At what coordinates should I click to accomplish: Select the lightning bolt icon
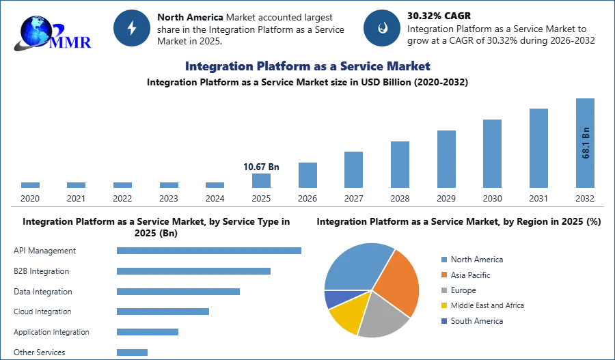click(132, 28)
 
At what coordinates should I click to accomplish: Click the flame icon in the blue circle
click(382, 28)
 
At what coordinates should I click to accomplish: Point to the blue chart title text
click(307, 66)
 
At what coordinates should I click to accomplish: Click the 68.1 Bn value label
click(586, 143)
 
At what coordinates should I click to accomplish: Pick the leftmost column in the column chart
click(29, 185)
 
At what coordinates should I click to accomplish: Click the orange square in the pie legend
click(443, 275)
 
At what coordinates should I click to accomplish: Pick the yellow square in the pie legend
click(443, 306)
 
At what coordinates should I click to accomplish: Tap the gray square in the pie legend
click(443, 290)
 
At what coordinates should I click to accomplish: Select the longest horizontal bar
click(210, 251)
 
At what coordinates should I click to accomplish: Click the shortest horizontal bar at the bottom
click(131, 351)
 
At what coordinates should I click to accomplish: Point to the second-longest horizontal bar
click(193, 273)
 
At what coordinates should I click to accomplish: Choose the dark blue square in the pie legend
click(443, 322)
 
